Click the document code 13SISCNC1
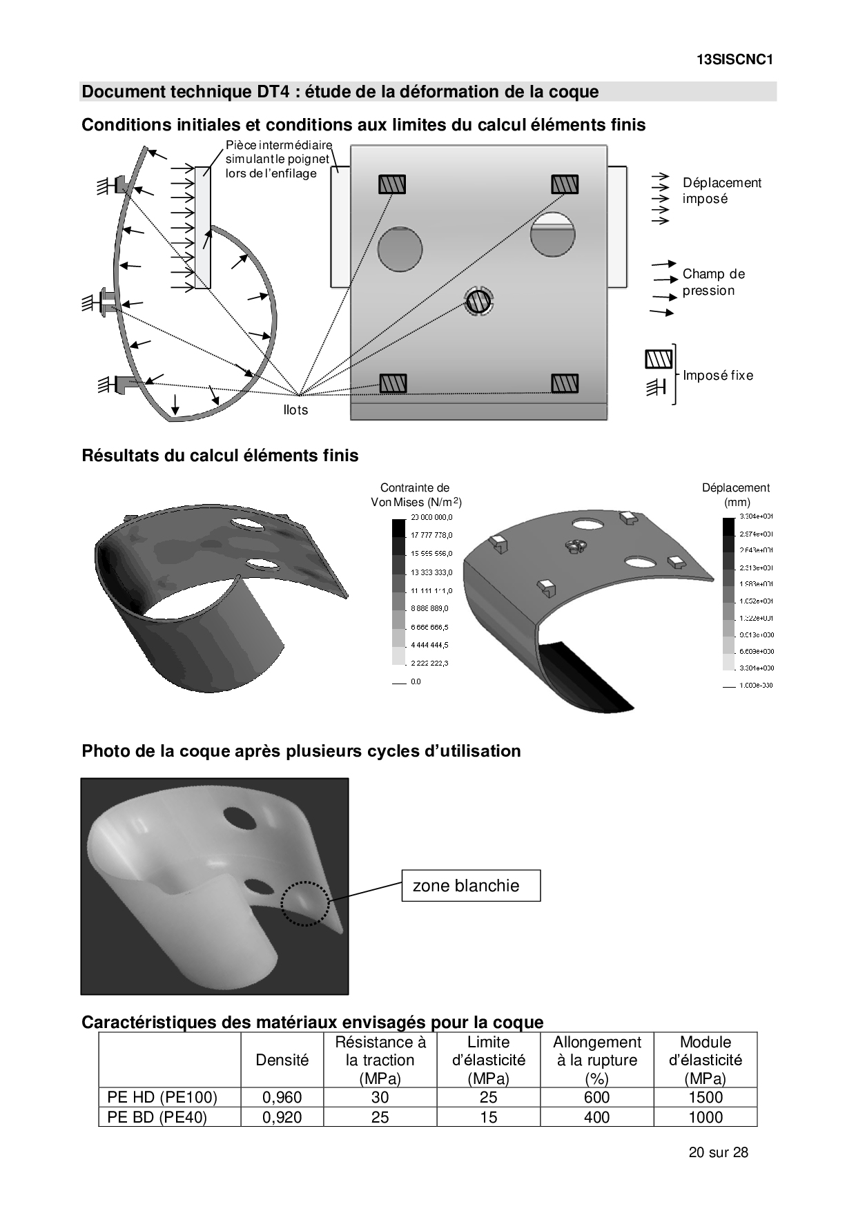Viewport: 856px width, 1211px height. (x=735, y=59)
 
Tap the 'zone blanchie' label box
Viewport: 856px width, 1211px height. (x=471, y=886)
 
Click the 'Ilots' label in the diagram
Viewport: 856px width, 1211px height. (x=295, y=410)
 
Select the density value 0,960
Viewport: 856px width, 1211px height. (x=282, y=1098)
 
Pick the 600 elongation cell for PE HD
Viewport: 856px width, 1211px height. (x=596, y=1098)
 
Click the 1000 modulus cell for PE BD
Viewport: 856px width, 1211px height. (x=706, y=1117)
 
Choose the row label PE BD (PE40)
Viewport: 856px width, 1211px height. (x=157, y=1117)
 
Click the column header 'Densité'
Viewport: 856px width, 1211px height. (x=282, y=1060)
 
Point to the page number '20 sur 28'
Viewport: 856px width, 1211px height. (x=718, y=1152)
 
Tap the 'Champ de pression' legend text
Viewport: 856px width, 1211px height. (x=713, y=282)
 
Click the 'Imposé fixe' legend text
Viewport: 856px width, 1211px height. (x=718, y=376)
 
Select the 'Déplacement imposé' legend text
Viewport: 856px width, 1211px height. (x=721, y=191)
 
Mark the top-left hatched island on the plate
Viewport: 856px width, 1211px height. (x=391, y=184)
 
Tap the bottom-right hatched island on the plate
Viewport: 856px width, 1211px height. (x=564, y=382)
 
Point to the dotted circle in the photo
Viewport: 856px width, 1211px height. (x=304, y=904)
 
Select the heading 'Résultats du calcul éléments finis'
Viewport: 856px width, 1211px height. (x=220, y=456)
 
